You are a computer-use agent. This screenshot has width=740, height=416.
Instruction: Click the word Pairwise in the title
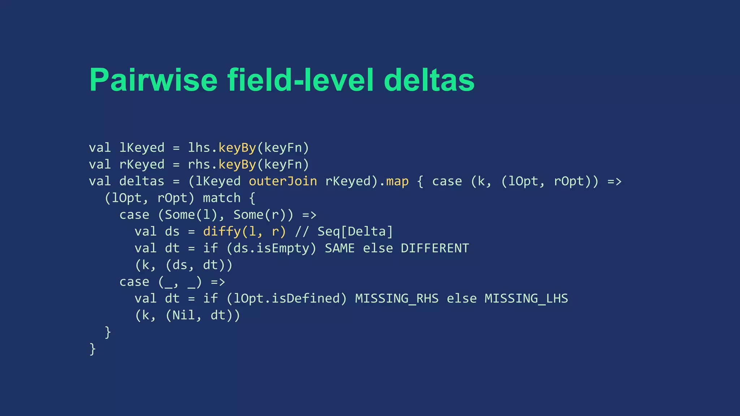pos(154,80)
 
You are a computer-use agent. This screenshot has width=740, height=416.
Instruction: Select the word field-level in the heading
pos(300,80)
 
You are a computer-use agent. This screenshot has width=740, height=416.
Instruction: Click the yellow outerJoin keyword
pos(283,181)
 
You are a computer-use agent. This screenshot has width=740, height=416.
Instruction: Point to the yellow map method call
pos(397,181)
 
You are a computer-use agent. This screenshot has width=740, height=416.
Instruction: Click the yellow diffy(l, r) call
pos(245,231)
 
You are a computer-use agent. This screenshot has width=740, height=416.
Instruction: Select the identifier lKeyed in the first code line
pos(142,148)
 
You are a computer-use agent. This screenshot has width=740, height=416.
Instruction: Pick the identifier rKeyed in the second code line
pos(142,165)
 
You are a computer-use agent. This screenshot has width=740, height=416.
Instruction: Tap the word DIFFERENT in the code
pos(435,248)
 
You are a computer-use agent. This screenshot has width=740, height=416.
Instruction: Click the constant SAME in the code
pos(340,248)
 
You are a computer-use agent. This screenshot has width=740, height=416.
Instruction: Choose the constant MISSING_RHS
pos(397,299)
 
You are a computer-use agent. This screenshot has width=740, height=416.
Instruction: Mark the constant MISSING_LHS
pos(526,299)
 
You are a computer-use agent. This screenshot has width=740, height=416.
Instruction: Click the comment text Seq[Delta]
pos(355,231)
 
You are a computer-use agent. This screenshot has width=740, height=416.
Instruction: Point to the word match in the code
pos(221,198)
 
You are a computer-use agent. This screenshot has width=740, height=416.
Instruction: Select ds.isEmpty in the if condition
pos(271,248)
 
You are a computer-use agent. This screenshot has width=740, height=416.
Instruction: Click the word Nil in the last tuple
pos(184,316)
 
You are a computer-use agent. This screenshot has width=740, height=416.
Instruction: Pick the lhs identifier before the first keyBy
pos(199,148)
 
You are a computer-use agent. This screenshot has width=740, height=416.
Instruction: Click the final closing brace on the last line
pos(92,349)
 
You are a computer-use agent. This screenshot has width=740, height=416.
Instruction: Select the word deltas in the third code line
pos(142,181)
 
